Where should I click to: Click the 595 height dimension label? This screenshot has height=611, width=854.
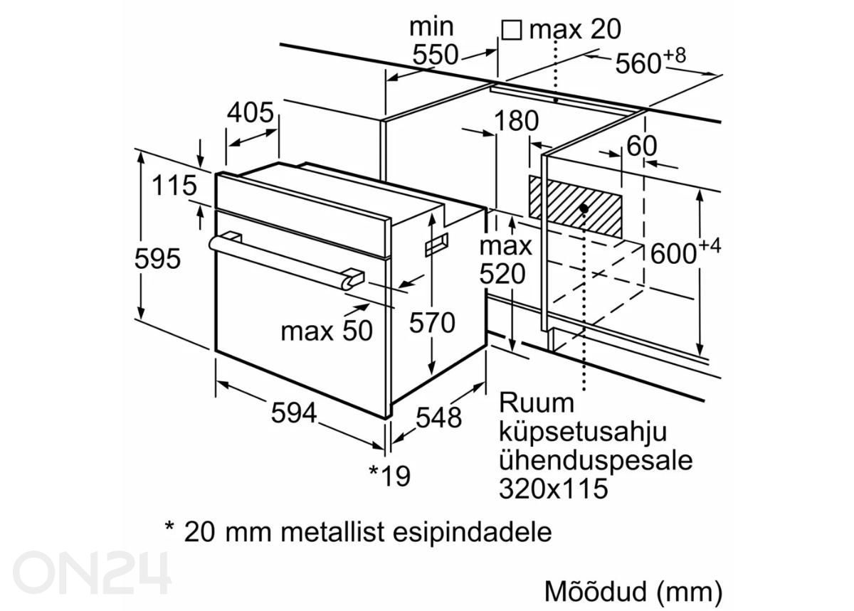click(157, 259)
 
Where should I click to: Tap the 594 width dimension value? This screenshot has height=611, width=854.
click(293, 413)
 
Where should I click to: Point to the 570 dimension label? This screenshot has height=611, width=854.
click(431, 324)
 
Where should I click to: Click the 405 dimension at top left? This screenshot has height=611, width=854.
click(251, 112)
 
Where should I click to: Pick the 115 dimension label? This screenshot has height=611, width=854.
click(174, 186)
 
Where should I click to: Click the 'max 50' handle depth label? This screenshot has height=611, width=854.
click(327, 331)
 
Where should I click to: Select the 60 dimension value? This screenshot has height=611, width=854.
click(641, 147)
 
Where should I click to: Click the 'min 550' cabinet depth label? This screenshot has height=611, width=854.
click(432, 41)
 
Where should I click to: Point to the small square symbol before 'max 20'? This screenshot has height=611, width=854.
click(511, 30)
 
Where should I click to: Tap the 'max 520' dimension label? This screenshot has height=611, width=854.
click(504, 260)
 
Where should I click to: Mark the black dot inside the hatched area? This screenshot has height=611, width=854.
click(584, 208)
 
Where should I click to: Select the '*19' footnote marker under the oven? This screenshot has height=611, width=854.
click(389, 475)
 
